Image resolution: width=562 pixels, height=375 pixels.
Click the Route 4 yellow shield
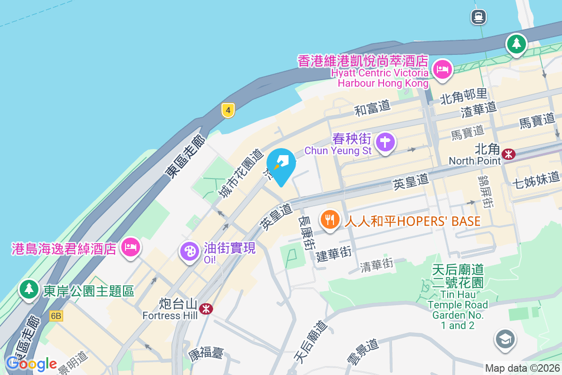(x=228, y=111)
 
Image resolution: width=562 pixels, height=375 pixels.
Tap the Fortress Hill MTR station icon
(x=205, y=308)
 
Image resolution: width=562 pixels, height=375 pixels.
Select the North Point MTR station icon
(x=508, y=153)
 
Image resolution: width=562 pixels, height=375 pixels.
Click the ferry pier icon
(x=479, y=17)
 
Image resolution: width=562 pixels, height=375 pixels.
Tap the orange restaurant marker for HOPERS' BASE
(x=331, y=219)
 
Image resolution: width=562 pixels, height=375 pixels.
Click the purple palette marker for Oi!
(x=190, y=251)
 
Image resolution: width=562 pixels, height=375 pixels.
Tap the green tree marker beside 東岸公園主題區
(x=29, y=289)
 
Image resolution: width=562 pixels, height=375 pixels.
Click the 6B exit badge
(x=56, y=316)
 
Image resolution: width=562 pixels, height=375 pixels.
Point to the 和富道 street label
(x=372, y=108)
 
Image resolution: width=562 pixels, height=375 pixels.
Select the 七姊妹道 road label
(x=536, y=178)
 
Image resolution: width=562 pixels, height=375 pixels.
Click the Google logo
(x=31, y=364)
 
